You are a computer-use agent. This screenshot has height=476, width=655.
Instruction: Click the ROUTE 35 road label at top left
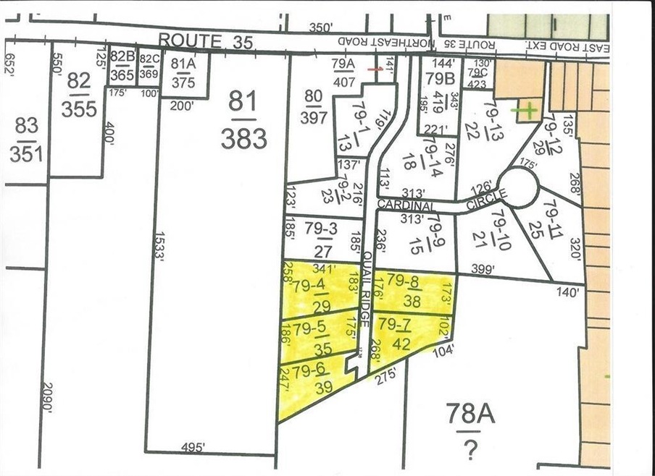(206, 41)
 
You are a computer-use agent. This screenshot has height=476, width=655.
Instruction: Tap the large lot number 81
(243, 102)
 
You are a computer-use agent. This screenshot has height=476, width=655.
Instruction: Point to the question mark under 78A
(470, 451)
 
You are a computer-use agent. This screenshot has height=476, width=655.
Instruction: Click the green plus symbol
(527, 111)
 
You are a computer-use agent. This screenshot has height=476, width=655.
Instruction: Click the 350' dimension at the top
(320, 27)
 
